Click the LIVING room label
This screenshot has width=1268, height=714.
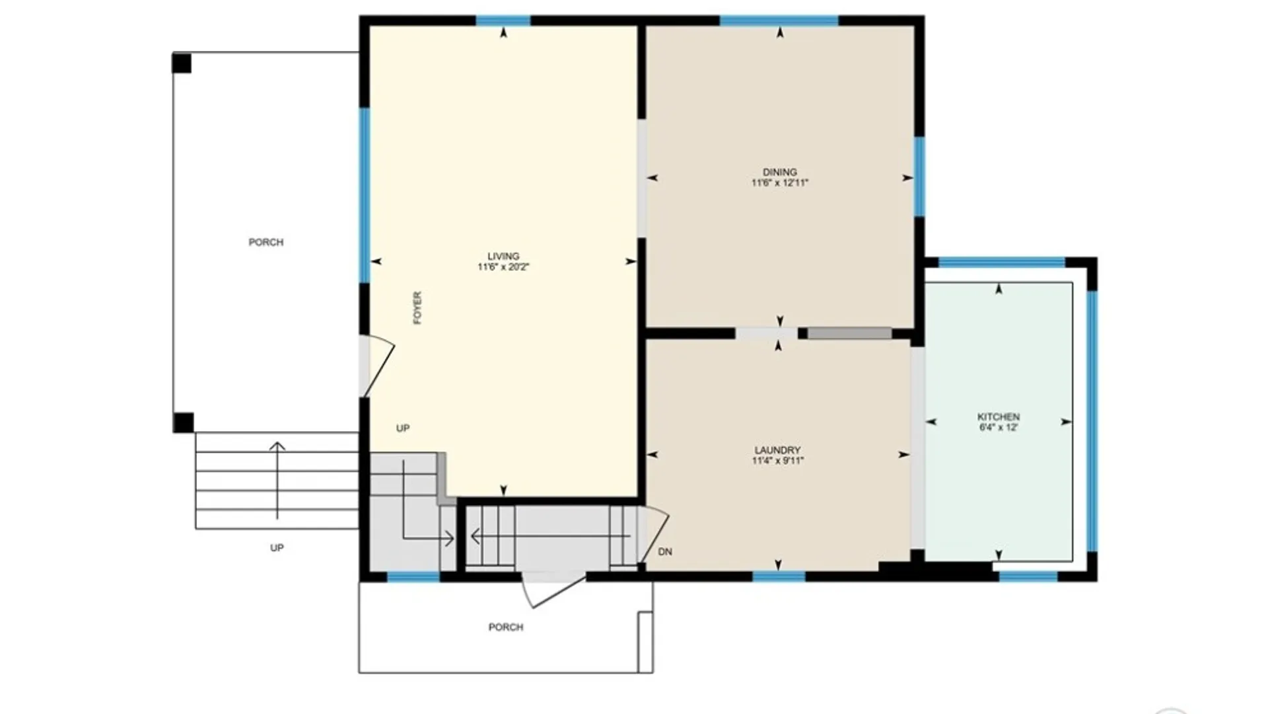click(503, 257)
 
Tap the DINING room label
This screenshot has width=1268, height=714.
click(779, 172)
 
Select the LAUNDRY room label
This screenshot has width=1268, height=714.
click(777, 450)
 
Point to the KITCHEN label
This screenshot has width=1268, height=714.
click(998, 417)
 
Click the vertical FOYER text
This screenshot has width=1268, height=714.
click(417, 308)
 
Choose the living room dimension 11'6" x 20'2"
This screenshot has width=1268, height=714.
click(503, 267)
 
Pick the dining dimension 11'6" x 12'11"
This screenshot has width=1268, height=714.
click(779, 183)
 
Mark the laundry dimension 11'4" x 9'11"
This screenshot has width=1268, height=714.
click(777, 461)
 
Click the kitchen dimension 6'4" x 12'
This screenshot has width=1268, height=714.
click(998, 428)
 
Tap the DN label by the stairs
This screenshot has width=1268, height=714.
click(665, 552)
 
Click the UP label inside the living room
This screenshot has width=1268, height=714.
click(403, 428)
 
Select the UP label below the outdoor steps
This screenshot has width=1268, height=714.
click(277, 548)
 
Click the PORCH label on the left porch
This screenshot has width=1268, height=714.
click(265, 243)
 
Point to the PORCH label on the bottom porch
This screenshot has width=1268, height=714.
click(506, 627)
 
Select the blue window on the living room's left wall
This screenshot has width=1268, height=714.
click(364, 195)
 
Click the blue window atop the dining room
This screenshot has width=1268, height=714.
click(779, 20)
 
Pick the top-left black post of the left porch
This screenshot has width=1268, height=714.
click(182, 63)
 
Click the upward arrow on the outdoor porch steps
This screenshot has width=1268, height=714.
click(277, 479)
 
